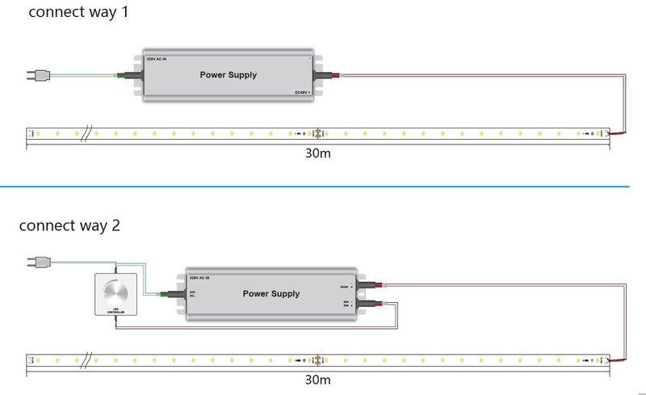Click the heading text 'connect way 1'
[x=78, y=13]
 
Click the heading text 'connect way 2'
[x=69, y=226]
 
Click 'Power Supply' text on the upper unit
[x=228, y=75]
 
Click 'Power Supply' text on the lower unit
[x=271, y=294]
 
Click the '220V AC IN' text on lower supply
[x=199, y=278]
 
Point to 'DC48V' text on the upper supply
[x=302, y=93]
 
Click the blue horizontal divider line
[x=323, y=187]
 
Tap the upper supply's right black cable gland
[x=327, y=76]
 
